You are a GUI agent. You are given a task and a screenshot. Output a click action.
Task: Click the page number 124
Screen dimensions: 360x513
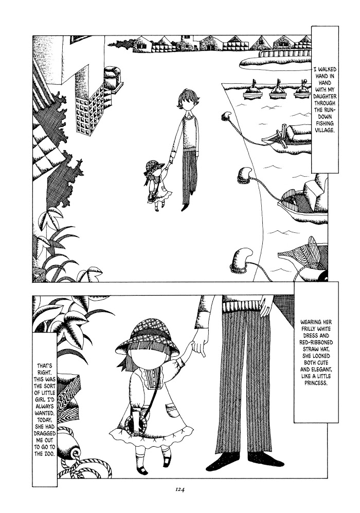pyautogui.click(x=181, y=490)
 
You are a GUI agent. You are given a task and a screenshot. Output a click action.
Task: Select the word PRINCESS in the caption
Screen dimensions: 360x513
pyautogui.click(x=316, y=382)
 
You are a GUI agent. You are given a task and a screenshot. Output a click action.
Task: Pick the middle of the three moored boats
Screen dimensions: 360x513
pyautogui.click(x=278, y=91)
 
